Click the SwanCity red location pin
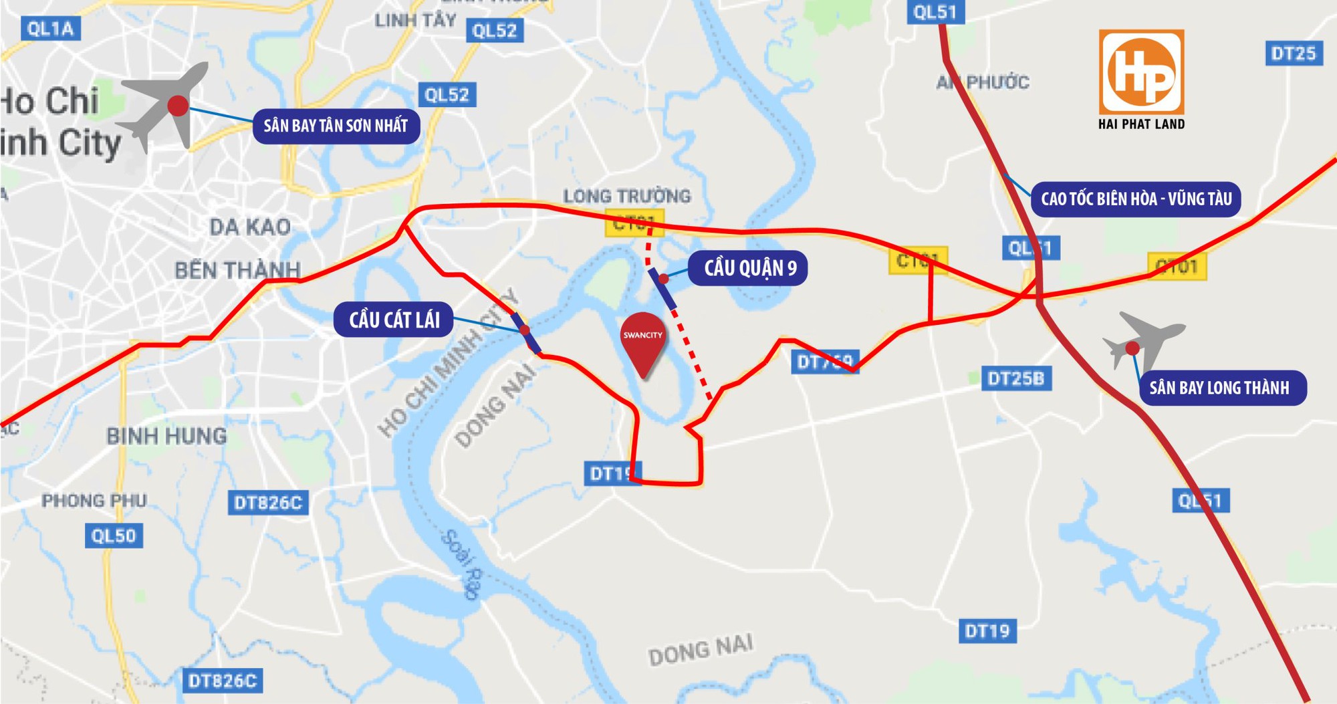pos(643,342)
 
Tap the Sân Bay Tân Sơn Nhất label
pos(336,126)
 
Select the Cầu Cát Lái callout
pos(394,320)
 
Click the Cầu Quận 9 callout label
pos(749,268)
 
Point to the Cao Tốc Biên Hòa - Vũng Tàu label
pos(1136,199)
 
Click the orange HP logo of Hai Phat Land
pos(1141,72)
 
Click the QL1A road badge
pos(50,29)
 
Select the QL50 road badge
pos(114,536)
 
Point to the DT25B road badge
pos(1015,379)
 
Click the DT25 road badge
pos(1294,53)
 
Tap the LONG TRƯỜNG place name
pos(626,196)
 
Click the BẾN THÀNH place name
pos(237,270)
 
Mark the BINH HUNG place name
pos(166,437)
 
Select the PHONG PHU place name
pos(94,501)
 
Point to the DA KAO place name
pos(250,227)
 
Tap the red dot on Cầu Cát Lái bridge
pos(525,330)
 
